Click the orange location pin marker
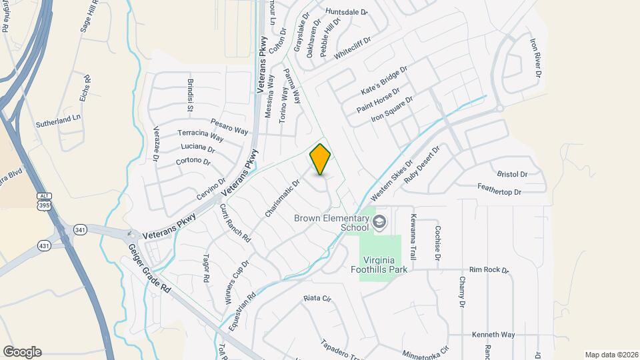click(x=321, y=159)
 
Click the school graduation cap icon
click(x=380, y=222)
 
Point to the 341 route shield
click(x=80, y=229)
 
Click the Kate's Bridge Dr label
click(x=384, y=79)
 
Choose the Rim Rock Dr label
click(x=489, y=270)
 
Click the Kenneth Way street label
click(x=493, y=335)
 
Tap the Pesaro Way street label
click(x=229, y=125)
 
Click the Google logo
click(x=22, y=352)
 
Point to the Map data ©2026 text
click(x=611, y=355)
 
